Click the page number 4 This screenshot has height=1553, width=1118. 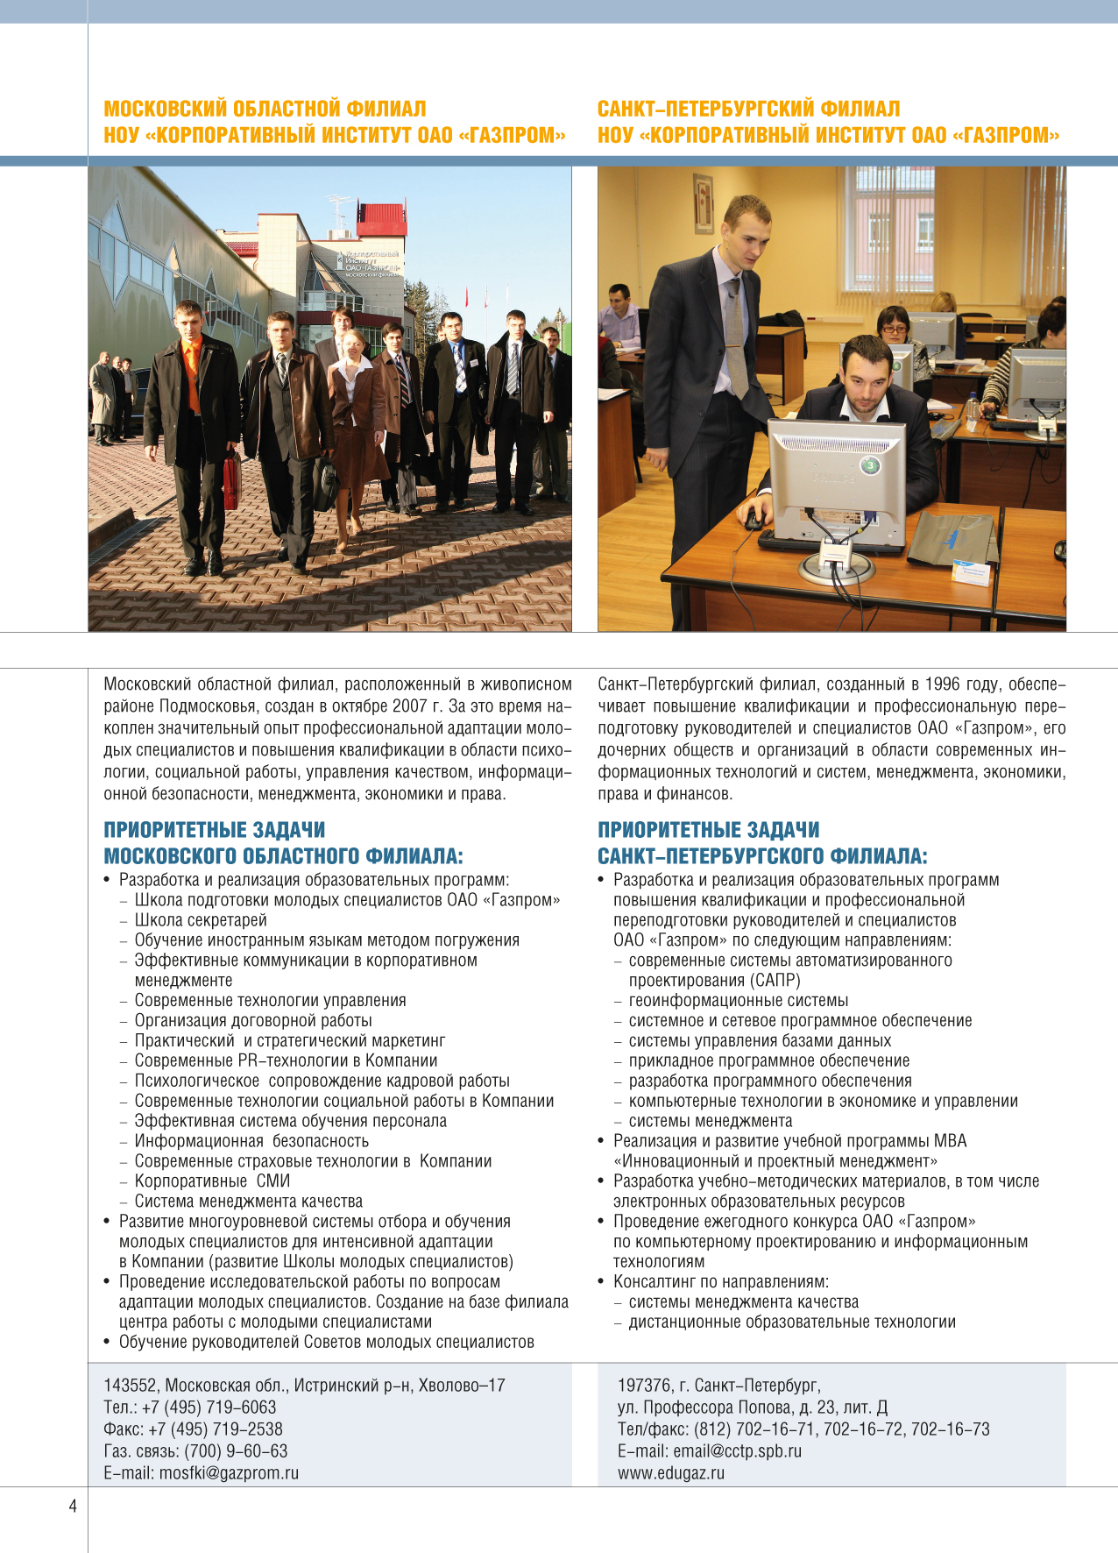(73, 1506)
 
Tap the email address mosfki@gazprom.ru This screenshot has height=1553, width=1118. (229, 1472)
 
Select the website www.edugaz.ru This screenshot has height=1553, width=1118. (670, 1472)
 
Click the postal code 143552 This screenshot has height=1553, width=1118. (130, 1385)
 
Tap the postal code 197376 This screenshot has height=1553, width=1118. (644, 1385)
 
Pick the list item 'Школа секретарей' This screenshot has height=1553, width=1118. (201, 920)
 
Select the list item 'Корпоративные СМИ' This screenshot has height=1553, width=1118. (212, 1181)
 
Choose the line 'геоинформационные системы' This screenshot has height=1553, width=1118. (738, 1000)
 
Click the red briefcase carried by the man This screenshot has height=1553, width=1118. (231, 479)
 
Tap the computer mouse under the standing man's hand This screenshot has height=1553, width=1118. (754, 521)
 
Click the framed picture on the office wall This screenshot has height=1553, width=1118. (703, 202)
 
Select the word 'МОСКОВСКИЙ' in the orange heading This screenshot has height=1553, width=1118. (165, 109)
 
